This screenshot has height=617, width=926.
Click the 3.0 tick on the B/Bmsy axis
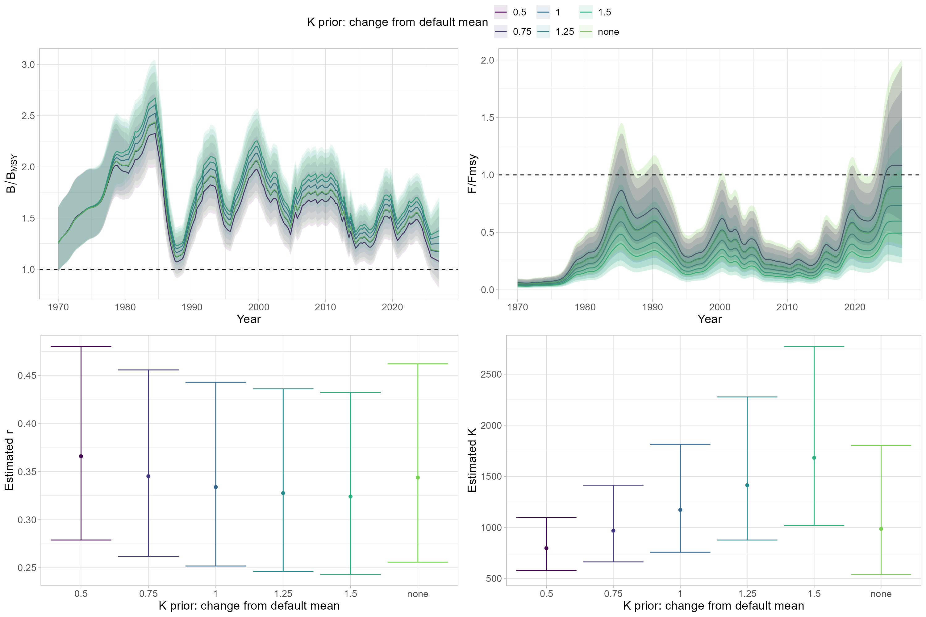click(28, 64)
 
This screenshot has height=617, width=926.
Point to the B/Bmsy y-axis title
click(11, 173)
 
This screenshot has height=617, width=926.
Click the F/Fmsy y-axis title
click(472, 173)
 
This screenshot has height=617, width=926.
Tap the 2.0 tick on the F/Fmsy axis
click(487, 60)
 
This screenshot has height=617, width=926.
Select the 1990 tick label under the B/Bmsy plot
click(192, 307)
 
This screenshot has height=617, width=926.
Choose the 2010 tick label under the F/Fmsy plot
click(786, 307)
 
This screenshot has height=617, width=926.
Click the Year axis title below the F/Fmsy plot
click(709, 319)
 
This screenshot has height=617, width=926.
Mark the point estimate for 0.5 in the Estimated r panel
click(81, 457)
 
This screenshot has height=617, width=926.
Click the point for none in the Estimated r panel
click(418, 478)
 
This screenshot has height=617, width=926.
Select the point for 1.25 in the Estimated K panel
click(747, 485)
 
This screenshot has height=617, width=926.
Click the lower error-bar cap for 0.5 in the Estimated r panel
click(81, 540)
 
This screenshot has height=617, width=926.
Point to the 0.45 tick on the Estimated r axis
click(27, 376)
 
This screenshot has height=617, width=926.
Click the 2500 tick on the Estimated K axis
click(491, 374)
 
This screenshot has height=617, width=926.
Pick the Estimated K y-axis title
click(472, 460)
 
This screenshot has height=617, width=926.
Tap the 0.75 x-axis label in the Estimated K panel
click(613, 594)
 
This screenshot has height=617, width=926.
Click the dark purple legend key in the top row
click(500, 12)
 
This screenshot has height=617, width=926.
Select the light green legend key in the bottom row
click(586, 31)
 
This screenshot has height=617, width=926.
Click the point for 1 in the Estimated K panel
click(680, 510)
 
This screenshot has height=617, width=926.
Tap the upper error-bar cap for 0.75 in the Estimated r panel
click(148, 370)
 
